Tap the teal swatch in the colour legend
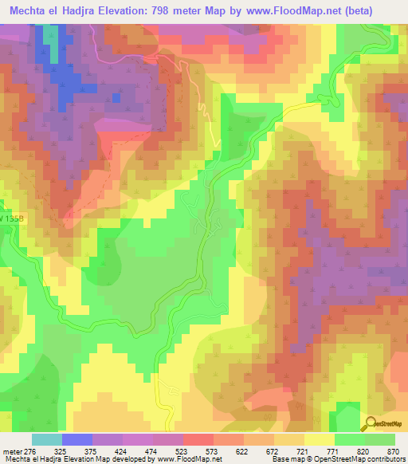(46, 439)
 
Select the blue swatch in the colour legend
(76, 439)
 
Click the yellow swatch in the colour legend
(319, 439)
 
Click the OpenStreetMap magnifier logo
(369, 423)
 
